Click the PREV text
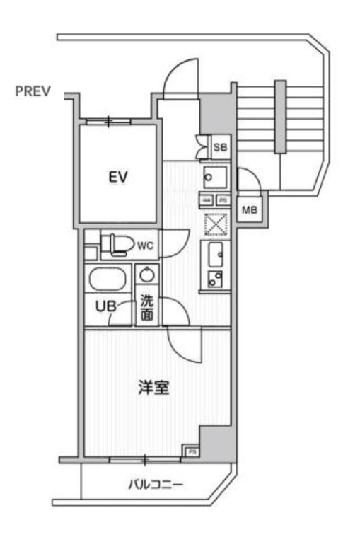point(33,91)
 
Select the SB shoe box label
point(220,147)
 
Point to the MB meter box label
point(250,210)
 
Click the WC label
point(145,246)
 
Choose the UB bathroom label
point(105,306)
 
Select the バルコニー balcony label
point(156,485)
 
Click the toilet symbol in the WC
point(117,245)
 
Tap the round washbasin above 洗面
point(146,275)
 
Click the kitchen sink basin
point(216,251)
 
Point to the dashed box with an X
point(214,224)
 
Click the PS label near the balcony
point(190,451)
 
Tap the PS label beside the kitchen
point(221,200)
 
